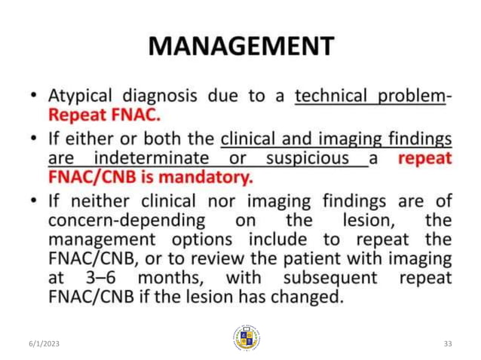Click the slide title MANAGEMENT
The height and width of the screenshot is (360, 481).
(240, 46)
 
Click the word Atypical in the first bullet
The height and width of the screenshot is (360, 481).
(78, 96)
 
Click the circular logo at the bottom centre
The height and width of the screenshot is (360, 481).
(246, 338)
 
